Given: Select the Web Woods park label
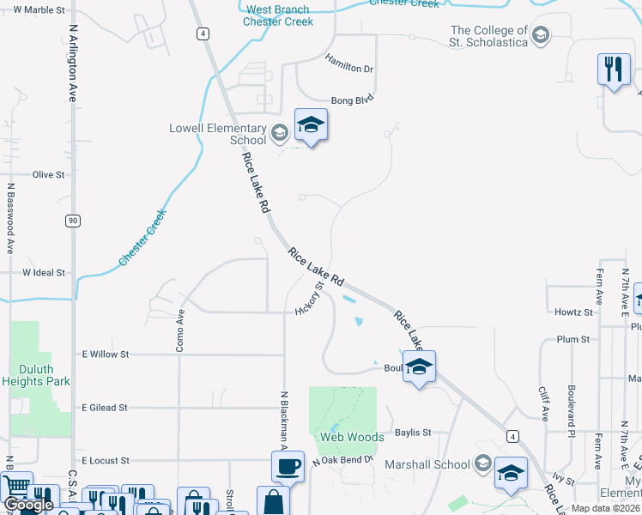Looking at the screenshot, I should (352, 437).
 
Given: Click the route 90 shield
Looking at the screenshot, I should (74, 221).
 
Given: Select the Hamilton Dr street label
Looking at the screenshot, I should (349, 63).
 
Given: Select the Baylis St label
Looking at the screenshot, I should (412, 433).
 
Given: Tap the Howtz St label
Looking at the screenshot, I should (574, 312).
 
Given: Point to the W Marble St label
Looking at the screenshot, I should (39, 9).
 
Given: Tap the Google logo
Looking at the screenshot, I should (27, 505).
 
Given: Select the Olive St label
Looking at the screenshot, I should (48, 174).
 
